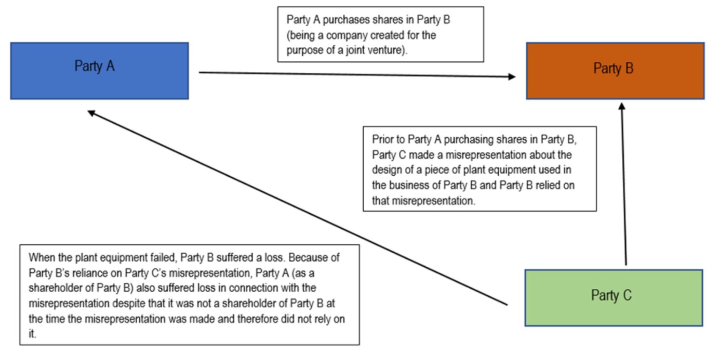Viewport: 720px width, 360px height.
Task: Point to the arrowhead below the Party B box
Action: tap(622, 107)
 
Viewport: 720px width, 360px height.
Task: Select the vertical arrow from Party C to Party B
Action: tap(624, 187)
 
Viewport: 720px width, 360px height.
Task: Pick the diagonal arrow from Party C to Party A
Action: tap(300, 209)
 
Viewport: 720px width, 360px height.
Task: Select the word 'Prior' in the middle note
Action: tap(382, 139)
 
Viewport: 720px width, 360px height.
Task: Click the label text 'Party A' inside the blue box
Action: tap(95, 66)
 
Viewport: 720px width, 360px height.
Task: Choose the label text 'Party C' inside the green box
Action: tap(611, 295)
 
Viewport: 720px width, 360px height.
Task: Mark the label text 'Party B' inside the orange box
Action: tap(613, 68)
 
